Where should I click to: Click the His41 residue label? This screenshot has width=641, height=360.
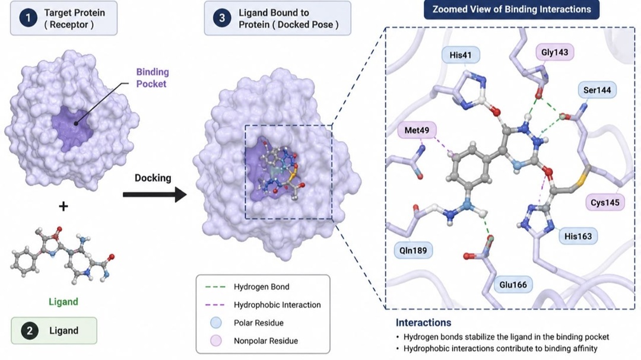461,55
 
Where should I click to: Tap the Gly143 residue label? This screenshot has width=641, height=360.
554,52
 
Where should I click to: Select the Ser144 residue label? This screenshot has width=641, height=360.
597,90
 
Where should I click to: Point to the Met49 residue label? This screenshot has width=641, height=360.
417,130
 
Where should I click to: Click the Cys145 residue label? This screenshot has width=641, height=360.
605,202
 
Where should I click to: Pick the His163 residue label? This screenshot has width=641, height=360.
578,236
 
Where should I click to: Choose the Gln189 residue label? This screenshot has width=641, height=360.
413,250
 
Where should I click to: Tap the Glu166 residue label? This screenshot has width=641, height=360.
513,285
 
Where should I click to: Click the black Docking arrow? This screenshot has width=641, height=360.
155,195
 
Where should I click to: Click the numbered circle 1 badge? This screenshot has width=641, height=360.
28,18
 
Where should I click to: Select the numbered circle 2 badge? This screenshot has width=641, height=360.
29,330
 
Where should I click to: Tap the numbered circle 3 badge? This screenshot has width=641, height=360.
222,18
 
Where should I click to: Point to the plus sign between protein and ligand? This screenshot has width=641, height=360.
64,206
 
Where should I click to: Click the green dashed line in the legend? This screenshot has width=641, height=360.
215,287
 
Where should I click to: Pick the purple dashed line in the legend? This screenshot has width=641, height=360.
215,305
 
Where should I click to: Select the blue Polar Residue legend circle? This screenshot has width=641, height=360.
215,323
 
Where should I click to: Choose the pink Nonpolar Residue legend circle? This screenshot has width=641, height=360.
215,341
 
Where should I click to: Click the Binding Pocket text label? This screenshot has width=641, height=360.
152,78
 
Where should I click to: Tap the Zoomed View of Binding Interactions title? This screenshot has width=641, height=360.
512,9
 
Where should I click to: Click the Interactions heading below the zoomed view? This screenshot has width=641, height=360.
423,323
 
